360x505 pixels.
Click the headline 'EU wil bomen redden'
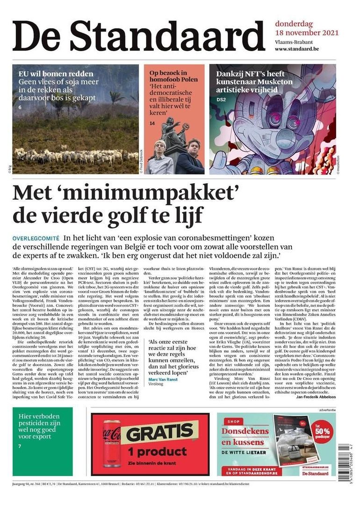tap(56, 74)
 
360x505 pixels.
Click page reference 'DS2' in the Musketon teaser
tap(221, 100)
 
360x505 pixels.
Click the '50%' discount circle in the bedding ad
tap(323, 428)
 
